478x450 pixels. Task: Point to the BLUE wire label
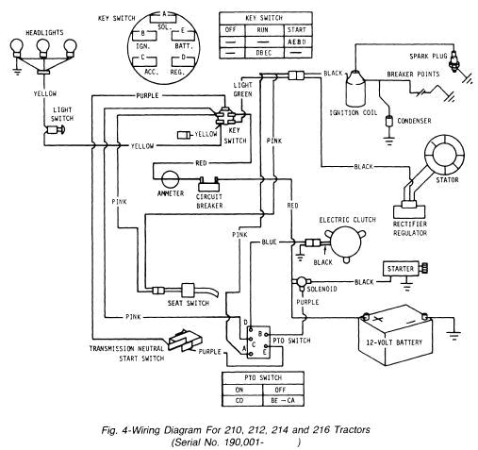[x=269, y=242]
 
